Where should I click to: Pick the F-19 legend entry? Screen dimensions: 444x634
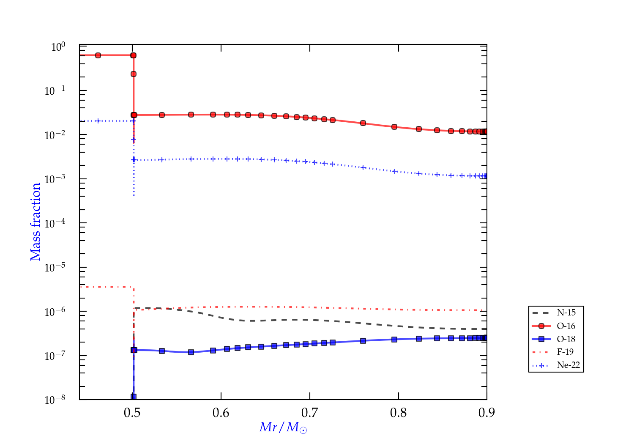[565, 352]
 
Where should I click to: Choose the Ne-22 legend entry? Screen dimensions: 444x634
[568, 365]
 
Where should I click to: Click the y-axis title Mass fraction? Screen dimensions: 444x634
[36, 222]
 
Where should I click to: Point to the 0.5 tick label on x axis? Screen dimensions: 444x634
[132, 413]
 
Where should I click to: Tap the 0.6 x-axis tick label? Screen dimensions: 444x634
[221, 413]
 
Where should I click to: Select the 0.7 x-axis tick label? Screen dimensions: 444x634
[310, 413]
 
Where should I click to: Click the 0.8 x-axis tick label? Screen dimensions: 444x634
[398, 413]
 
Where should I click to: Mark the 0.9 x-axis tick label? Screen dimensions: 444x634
[486, 413]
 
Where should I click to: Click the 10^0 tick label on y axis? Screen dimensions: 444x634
[58, 47]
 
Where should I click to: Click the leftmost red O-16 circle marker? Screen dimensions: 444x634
[98, 55]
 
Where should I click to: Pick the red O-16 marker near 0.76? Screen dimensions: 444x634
[363, 123]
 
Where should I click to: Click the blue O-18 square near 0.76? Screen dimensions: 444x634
[363, 341]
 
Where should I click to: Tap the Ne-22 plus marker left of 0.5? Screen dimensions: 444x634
[98, 121]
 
